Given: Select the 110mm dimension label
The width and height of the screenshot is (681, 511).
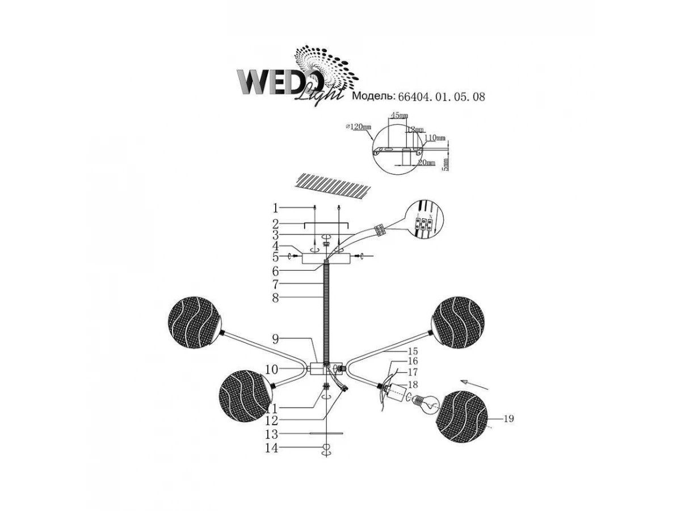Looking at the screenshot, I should (435, 137).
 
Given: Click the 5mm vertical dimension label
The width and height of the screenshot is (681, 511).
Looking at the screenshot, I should (445, 164).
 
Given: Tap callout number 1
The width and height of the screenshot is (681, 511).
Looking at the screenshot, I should (275, 207).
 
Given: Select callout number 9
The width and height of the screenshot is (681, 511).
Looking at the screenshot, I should (275, 340).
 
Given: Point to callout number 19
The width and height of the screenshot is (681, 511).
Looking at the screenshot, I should (508, 419).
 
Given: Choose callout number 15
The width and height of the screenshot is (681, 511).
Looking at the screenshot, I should (412, 351).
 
